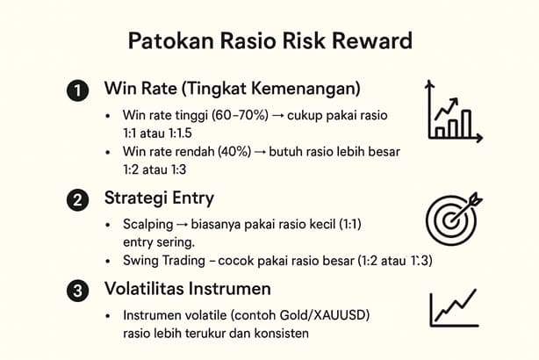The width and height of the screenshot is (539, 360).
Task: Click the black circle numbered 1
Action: tap(78, 90)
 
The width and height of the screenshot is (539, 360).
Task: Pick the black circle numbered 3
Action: tap(78, 288)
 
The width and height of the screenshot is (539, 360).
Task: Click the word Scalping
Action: tap(149, 225)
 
